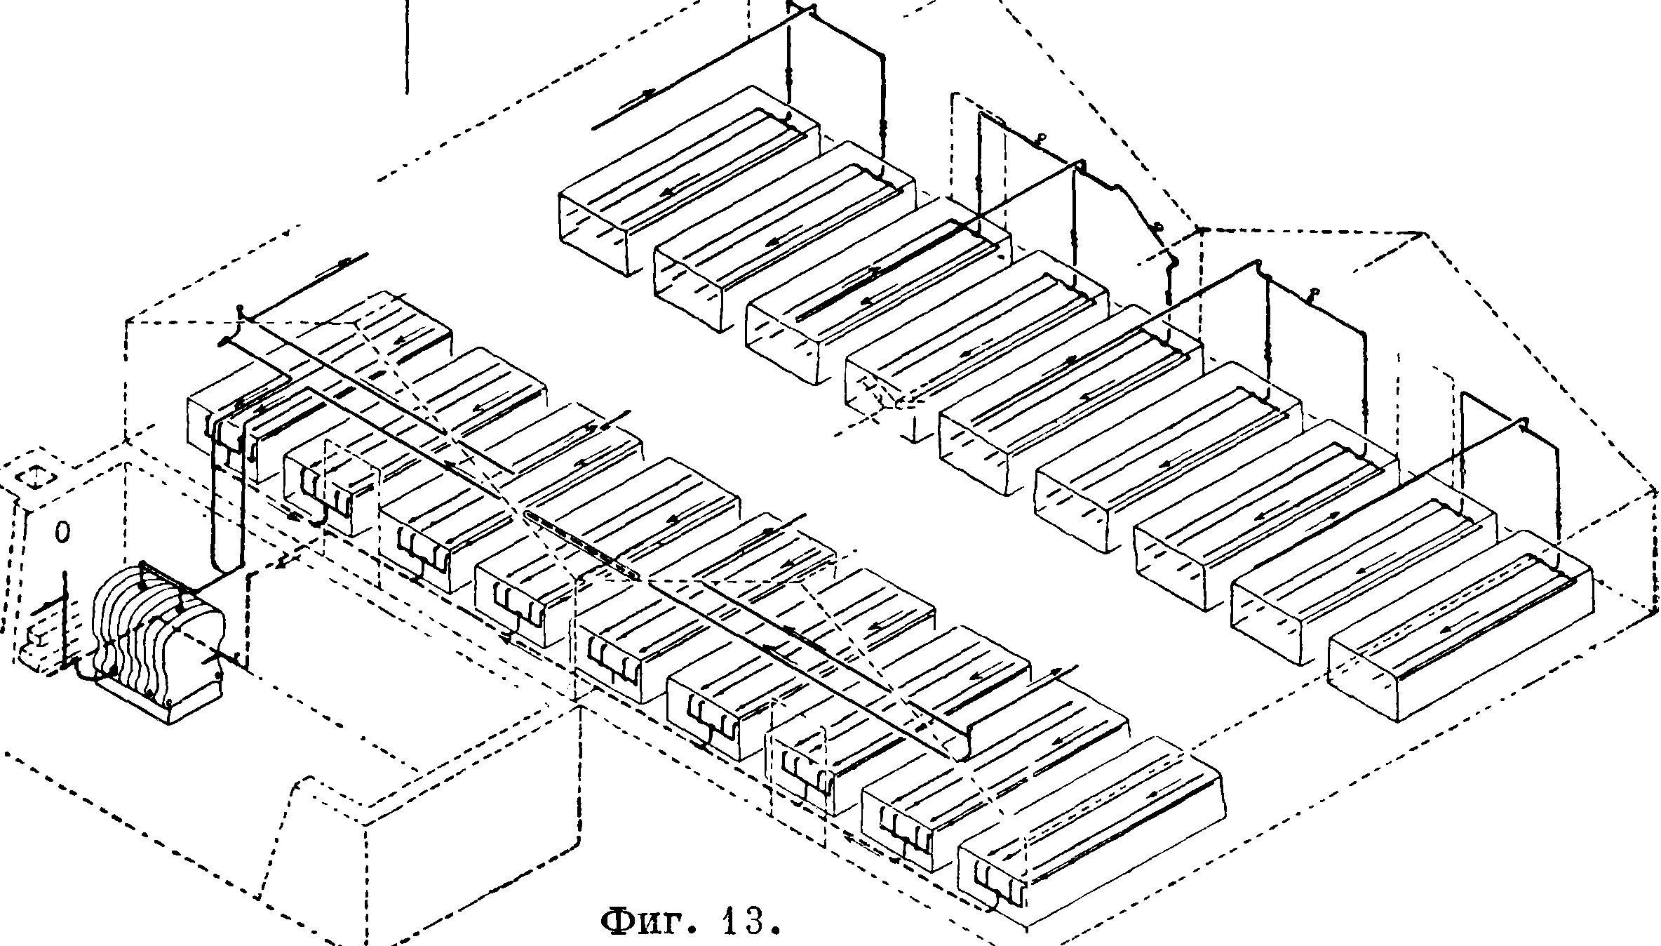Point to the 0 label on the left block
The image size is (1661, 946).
62,533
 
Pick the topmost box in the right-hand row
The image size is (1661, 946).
687,182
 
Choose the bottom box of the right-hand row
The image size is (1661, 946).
1459,625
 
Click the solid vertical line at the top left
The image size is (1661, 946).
407,46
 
